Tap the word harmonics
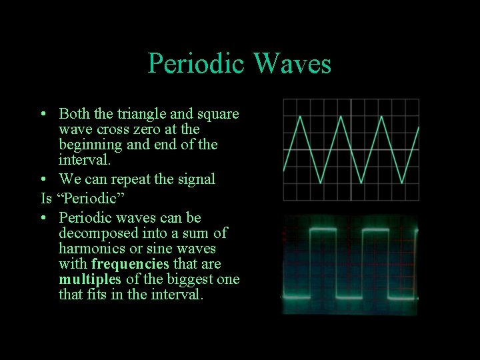[90, 249]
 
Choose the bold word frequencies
[130, 264]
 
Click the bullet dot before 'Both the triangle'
[43, 114]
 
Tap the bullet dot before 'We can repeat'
[43, 179]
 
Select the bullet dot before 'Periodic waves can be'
[43, 218]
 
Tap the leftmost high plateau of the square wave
[323, 229]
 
